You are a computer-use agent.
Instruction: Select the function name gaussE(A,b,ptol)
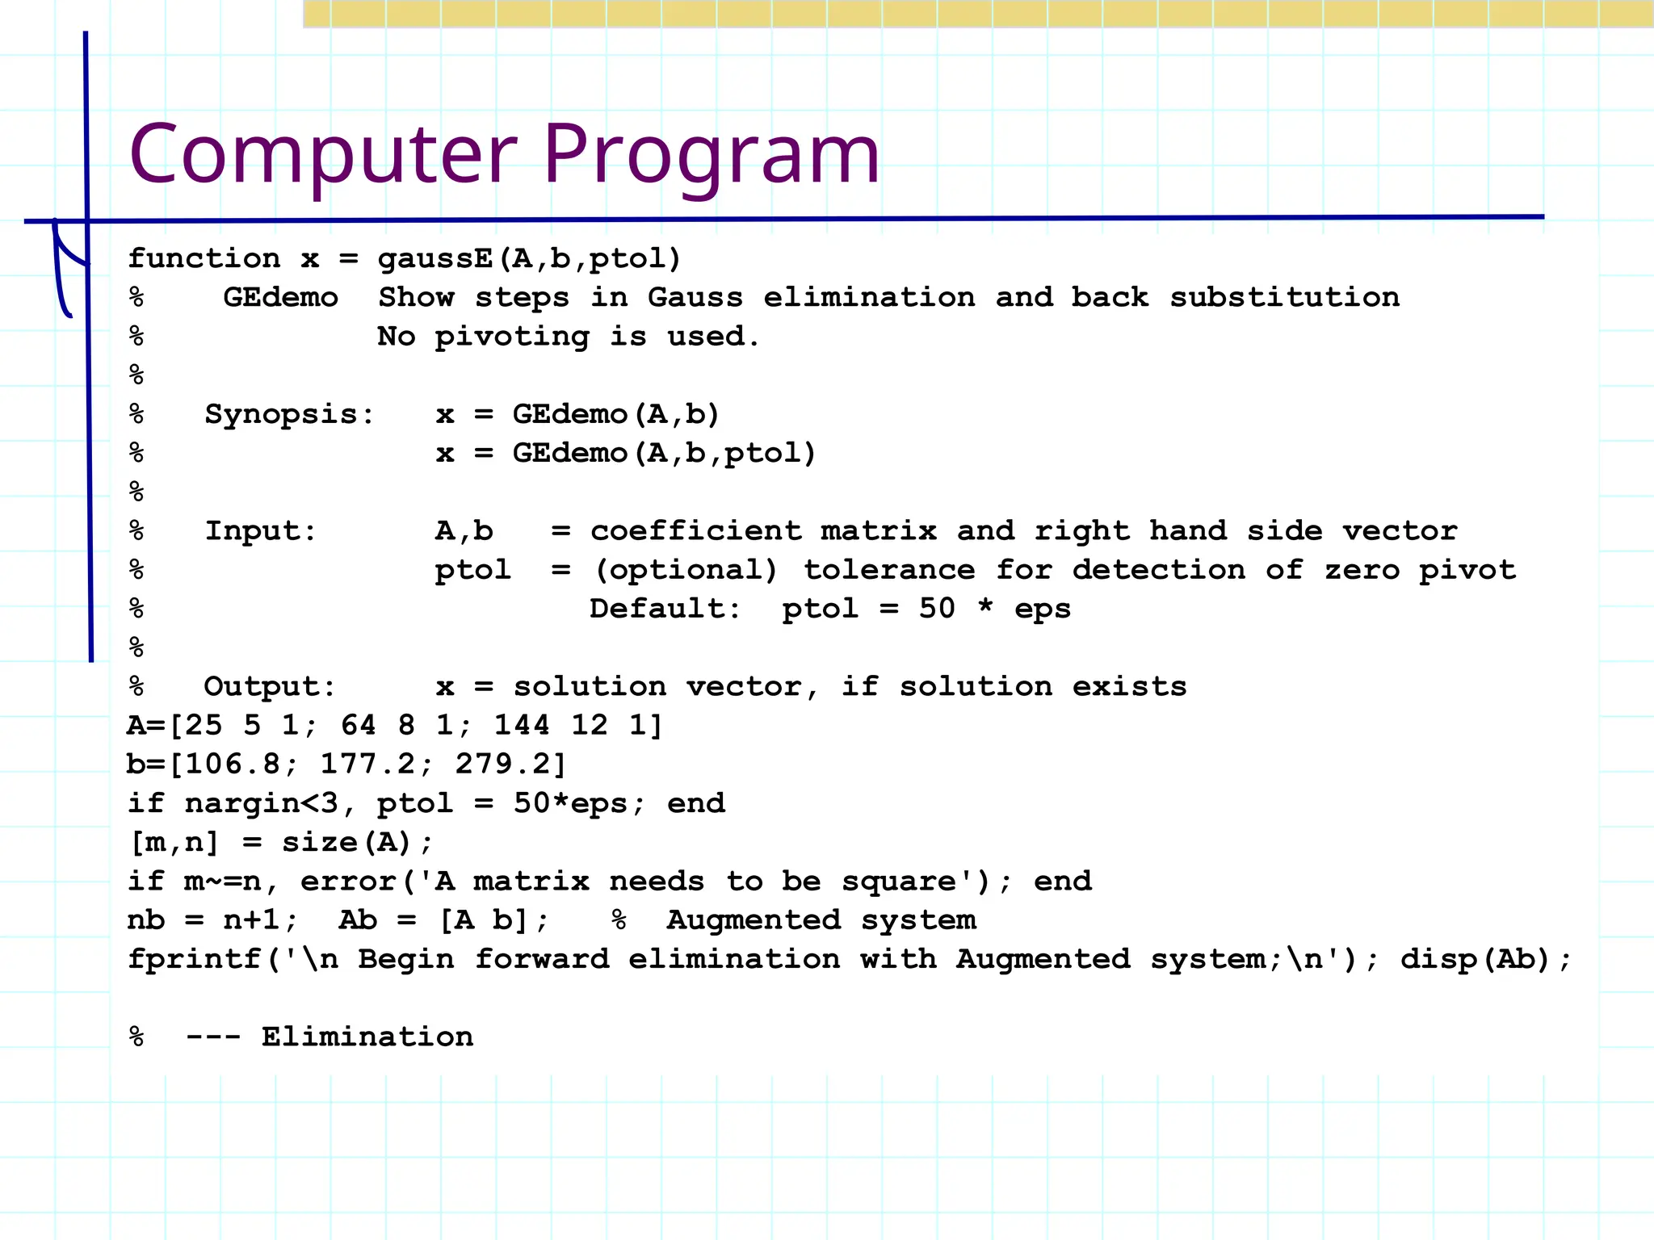[530, 258]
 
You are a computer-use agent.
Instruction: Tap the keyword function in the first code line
[204, 258]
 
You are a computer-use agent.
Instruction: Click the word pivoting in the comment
[512, 337]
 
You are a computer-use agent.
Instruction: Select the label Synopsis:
[289, 415]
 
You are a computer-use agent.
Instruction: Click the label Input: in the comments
[260, 531]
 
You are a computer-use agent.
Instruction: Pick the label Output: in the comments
[269, 687]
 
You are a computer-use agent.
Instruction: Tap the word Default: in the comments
[665, 609]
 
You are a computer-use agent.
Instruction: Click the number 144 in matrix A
[522, 725]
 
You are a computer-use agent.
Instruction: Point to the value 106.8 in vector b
[233, 764]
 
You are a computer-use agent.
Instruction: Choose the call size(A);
[358, 843]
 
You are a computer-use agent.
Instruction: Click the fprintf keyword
[195, 959]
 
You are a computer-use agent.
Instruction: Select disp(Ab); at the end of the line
[1486, 959]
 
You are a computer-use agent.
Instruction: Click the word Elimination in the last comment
[367, 1037]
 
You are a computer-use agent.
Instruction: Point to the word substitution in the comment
[1284, 297]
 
